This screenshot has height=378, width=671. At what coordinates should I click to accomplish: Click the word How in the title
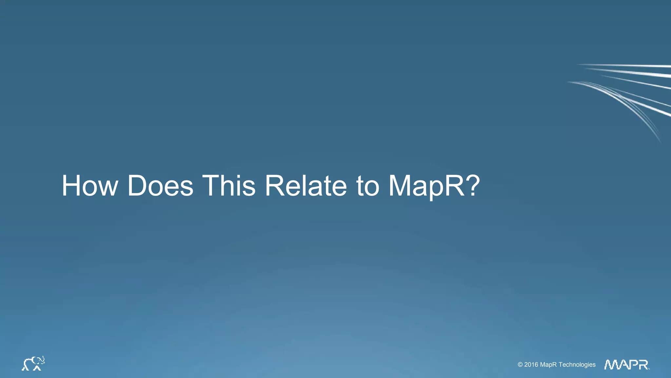90,186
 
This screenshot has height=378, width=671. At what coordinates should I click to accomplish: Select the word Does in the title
160,186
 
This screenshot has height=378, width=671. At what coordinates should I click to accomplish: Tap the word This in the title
229,186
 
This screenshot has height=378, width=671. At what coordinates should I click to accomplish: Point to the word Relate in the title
306,186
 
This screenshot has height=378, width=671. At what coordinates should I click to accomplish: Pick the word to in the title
368,186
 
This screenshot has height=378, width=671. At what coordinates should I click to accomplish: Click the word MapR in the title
426,186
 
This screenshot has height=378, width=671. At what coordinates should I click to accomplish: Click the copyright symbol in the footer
520,365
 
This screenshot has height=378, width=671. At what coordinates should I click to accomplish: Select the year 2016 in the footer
531,365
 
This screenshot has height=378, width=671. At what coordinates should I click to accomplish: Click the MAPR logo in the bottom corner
626,365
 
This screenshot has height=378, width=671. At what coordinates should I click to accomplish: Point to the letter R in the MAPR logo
643,365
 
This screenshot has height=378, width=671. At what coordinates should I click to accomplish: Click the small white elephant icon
33,364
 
